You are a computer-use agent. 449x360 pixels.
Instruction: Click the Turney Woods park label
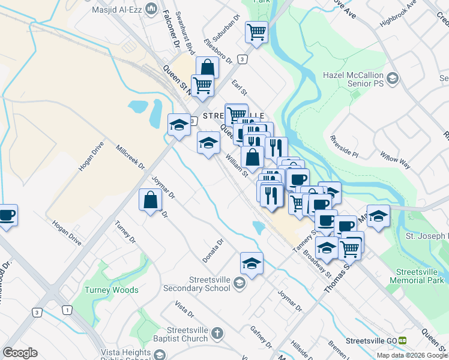112,290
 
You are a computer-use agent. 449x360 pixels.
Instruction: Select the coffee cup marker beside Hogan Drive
7,215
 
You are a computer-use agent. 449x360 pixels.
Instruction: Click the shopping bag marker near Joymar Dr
150,200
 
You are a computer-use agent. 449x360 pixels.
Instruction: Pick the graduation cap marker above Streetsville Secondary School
252,263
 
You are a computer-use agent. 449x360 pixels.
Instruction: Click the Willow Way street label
394,160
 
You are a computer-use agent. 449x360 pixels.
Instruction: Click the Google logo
20,353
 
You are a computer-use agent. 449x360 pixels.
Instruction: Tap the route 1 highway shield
67,310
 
